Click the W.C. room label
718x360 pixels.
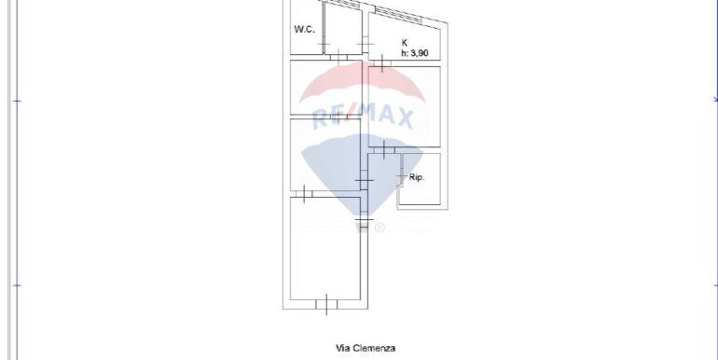click(304, 29)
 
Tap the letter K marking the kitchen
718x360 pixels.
click(405, 43)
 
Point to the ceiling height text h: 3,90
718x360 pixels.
click(415, 53)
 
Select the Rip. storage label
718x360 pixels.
click(417, 177)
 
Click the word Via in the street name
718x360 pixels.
click(342, 348)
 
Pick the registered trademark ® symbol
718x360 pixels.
click(380, 228)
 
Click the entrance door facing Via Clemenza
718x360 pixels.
click(326, 305)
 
